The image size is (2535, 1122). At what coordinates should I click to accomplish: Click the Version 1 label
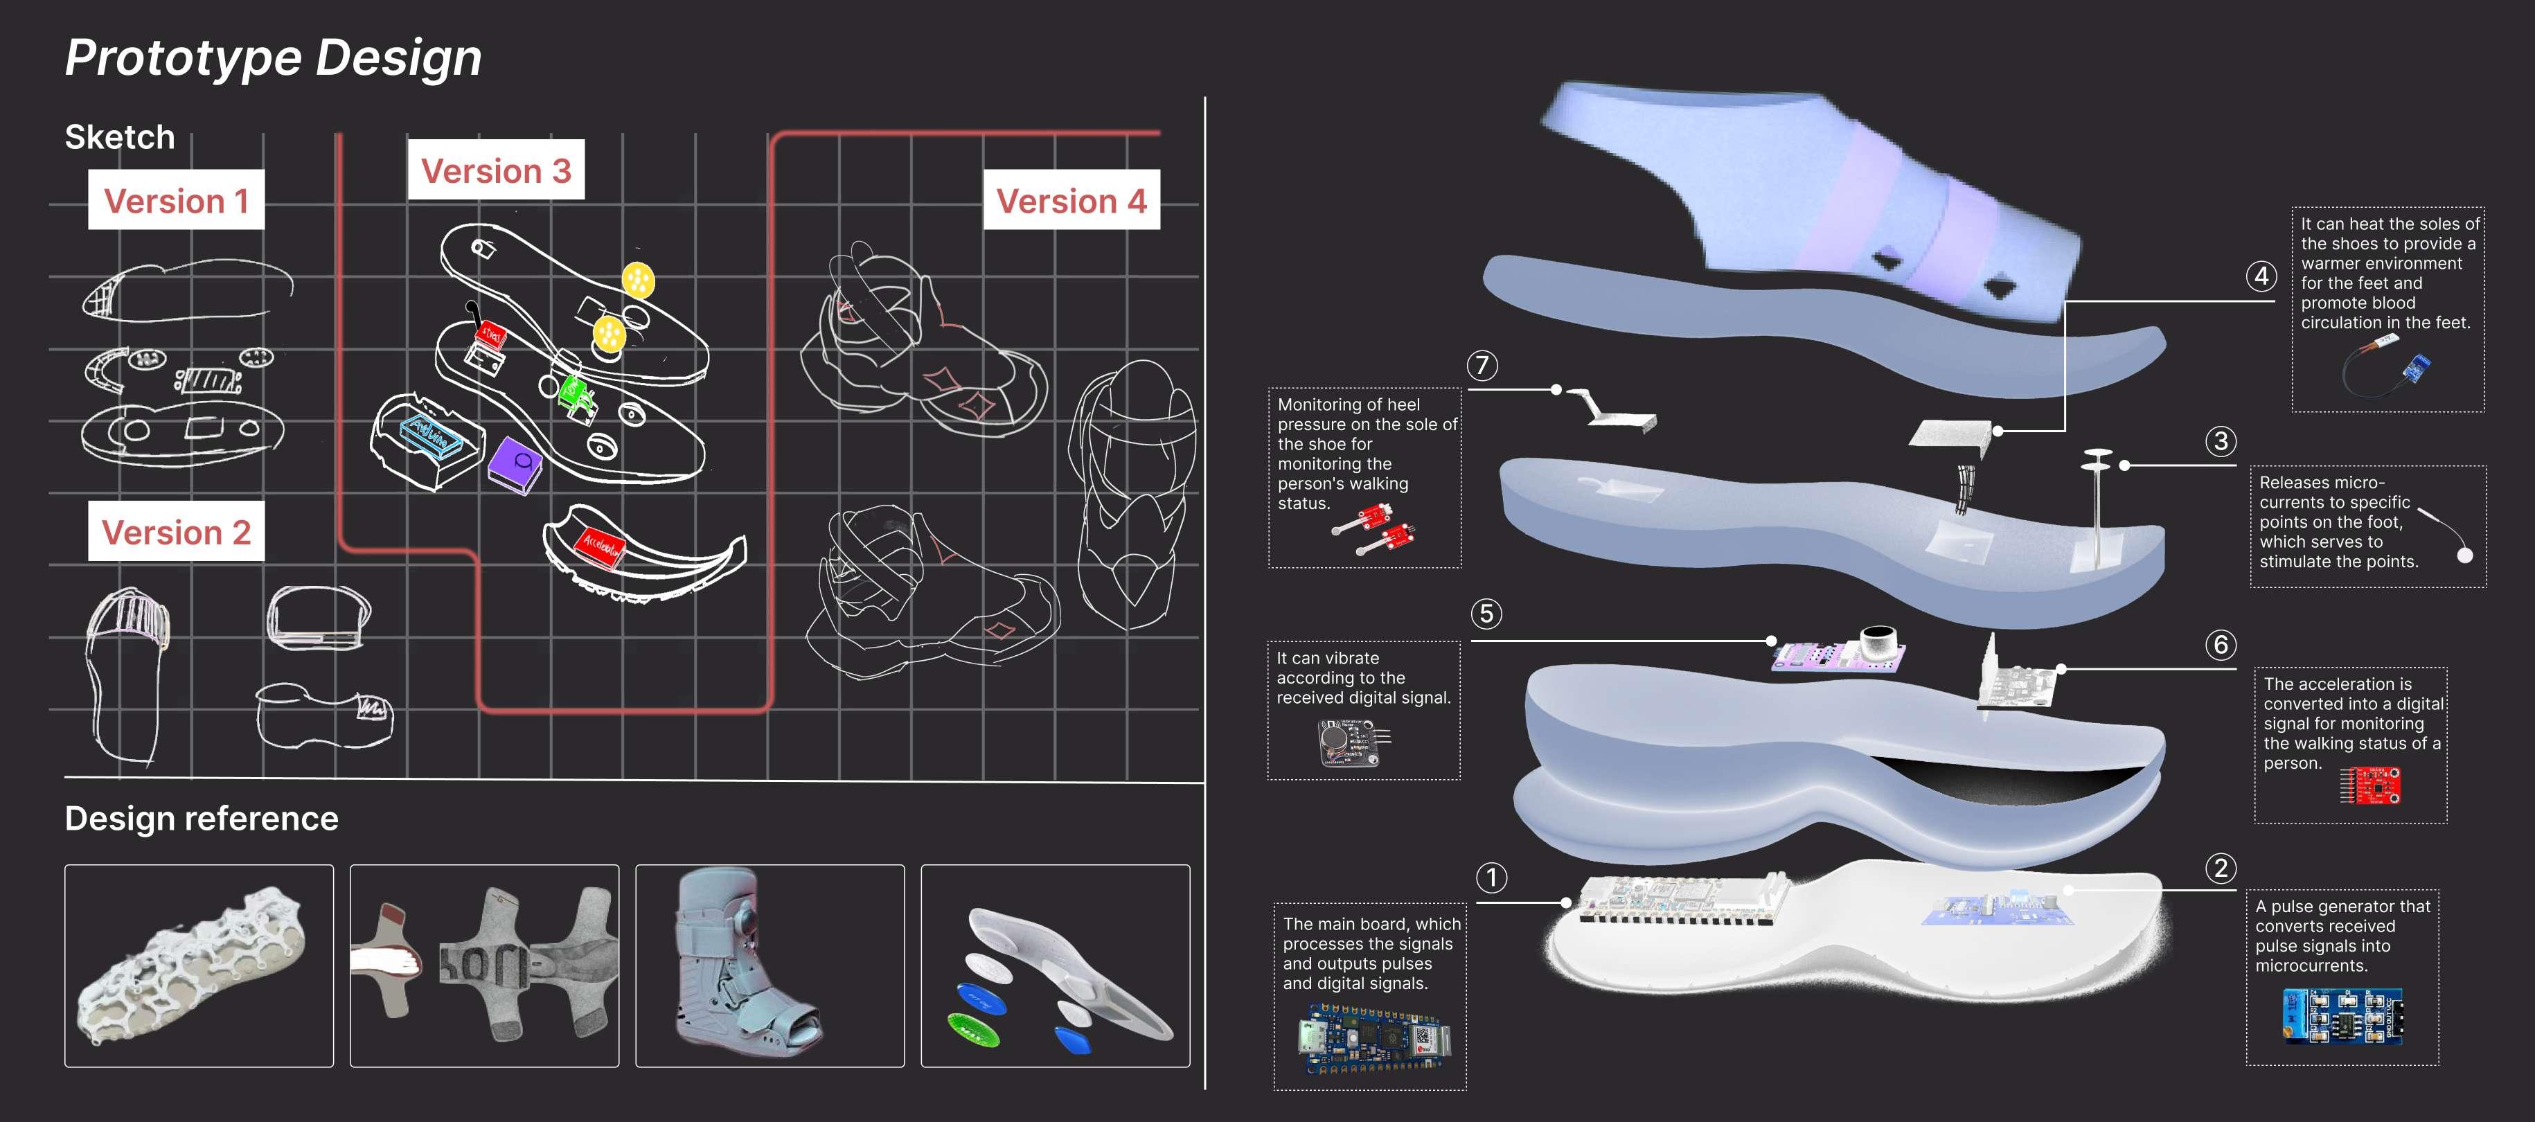[x=176, y=201]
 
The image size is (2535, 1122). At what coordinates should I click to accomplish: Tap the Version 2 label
[x=176, y=533]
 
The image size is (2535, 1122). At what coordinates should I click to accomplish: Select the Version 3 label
[x=496, y=170]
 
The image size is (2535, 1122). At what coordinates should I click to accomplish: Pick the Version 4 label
[x=1071, y=201]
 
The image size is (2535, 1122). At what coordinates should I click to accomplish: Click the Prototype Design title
[x=274, y=57]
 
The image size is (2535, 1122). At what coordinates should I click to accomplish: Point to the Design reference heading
[x=202, y=819]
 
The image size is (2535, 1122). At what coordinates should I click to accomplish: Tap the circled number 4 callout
[x=2261, y=276]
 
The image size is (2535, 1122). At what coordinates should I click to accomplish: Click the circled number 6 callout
[x=2220, y=645]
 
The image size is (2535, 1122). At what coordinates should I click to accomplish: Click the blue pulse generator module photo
[x=2342, y=1016]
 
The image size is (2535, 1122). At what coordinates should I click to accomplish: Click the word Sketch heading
[x=120, y=137]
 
